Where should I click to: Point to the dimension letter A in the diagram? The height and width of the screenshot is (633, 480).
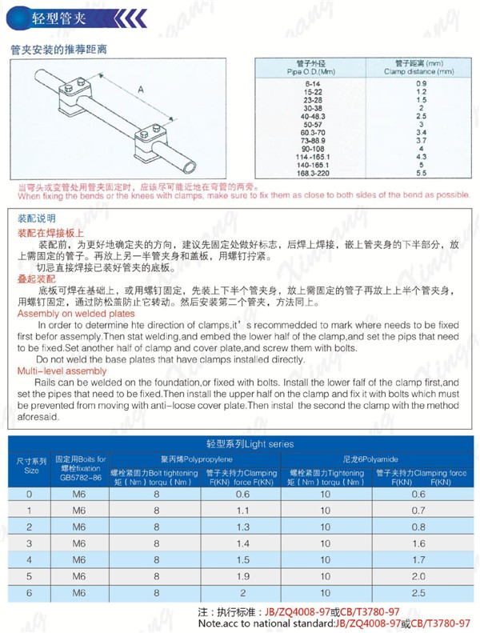click(141, 91)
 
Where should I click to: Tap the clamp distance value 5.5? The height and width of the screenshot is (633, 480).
click(422, 172)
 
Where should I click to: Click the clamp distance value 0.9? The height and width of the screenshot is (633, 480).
click(422, 84)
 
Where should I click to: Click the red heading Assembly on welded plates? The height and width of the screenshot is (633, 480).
click(76, 314)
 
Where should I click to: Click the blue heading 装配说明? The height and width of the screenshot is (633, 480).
click(37, 218)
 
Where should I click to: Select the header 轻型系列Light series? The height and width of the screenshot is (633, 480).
click(249, 443)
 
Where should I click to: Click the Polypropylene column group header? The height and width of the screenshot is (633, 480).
click(197, 459)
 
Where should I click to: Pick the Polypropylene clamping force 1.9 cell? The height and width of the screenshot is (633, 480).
click(242, 576)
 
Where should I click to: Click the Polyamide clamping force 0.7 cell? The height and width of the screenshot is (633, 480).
click(418, 510)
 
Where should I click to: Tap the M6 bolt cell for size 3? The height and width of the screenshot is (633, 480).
click(78, 543)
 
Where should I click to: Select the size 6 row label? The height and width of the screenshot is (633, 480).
click(30, 593)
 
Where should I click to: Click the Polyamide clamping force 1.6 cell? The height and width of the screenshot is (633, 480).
click(418, 543)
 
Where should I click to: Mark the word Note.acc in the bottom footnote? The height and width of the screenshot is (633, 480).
click(218, 623)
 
